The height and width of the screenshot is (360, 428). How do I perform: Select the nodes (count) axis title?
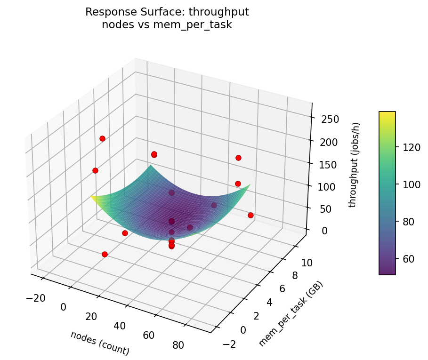point(99,343)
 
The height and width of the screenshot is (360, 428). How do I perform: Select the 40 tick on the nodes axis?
point(120,326)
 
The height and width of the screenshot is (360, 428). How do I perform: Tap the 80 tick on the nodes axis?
point(178,345)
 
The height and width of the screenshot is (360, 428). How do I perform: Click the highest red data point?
point(102,138)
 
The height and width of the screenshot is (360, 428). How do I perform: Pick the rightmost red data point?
point(250,215)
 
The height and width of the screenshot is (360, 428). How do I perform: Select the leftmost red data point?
point(95,170)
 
